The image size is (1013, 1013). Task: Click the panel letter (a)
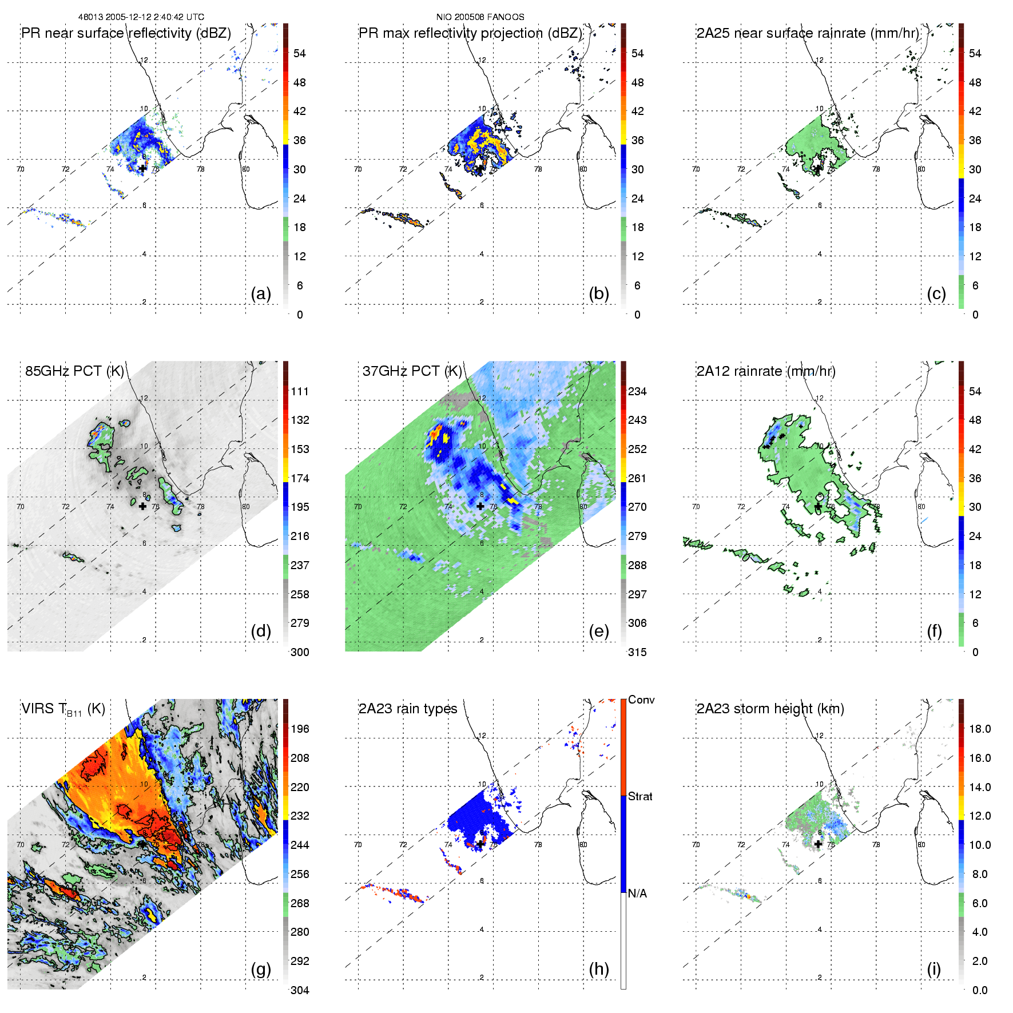261,294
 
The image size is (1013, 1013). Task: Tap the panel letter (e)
598,631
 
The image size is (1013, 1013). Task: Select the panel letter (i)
933,970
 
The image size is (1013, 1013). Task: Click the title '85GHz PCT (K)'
74,371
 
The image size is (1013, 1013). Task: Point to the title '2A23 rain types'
408,709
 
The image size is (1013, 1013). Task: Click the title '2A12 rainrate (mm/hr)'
766,371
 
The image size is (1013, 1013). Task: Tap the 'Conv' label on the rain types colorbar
641,700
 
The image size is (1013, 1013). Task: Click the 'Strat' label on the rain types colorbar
640,797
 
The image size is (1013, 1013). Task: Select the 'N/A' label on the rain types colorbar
637,893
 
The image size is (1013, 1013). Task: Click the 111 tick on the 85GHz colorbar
300,392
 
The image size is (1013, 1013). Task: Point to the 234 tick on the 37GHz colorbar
637,392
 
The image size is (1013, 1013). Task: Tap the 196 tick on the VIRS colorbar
300,729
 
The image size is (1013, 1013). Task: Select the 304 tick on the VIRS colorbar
300,990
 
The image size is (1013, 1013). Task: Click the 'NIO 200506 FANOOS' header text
480,17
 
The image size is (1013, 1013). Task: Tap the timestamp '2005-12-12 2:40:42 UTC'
154,17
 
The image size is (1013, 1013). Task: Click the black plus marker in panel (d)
142,506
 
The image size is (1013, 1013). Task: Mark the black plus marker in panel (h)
480,844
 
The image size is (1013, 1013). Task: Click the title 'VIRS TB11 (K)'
63,709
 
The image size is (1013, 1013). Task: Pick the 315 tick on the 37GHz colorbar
637,653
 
